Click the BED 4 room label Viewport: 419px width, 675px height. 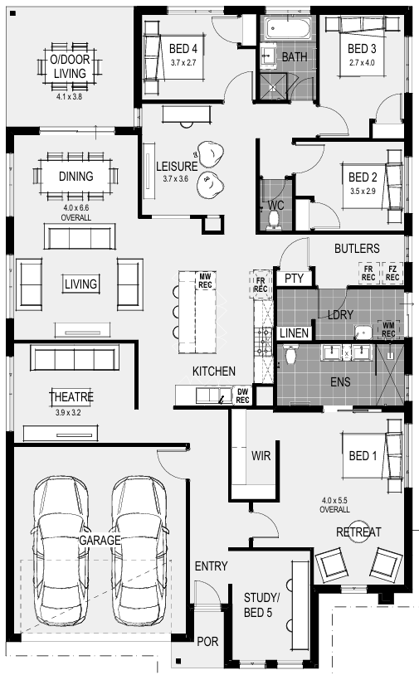pos(183,49)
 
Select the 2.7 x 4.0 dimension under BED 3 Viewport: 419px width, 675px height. pos(362,63)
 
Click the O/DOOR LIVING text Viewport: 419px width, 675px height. pos(70,66)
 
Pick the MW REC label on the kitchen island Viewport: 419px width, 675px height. pos(205,280)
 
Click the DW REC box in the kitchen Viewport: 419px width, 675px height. pos(242,396)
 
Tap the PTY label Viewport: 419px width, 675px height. pos(294,279)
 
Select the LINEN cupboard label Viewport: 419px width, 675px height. pos(294,333)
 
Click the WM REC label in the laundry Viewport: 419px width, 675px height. pos(388,330)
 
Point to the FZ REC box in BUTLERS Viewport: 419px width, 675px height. pos(392,274)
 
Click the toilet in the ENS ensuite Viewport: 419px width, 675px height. pos(290,354)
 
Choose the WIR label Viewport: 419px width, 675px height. pos(261,456)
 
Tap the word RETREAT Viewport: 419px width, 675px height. pos(358,532)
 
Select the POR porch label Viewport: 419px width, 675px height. pos(207,642)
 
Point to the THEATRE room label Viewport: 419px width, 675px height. pos(71,396)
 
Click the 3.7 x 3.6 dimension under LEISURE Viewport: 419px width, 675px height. pos(176,178)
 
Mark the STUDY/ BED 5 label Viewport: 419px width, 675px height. pos(261,605)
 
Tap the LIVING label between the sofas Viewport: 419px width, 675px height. pos(80,284)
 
